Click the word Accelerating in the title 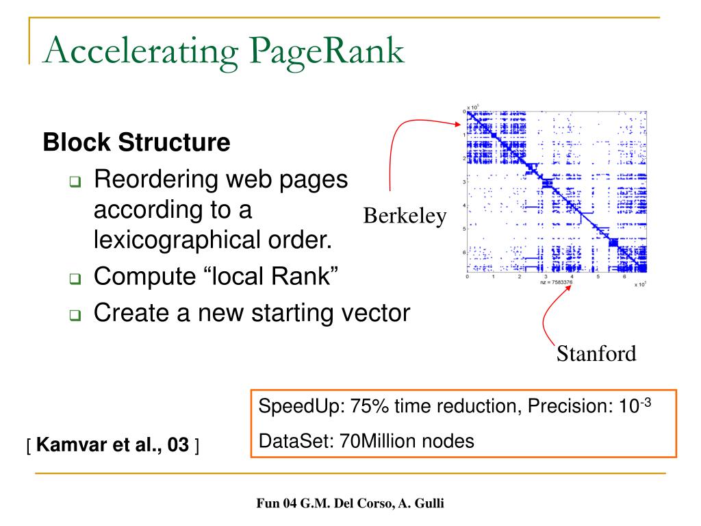[x=133, y=53]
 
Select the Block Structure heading [x=136, y=142]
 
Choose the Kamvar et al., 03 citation [x=113, y=448]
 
